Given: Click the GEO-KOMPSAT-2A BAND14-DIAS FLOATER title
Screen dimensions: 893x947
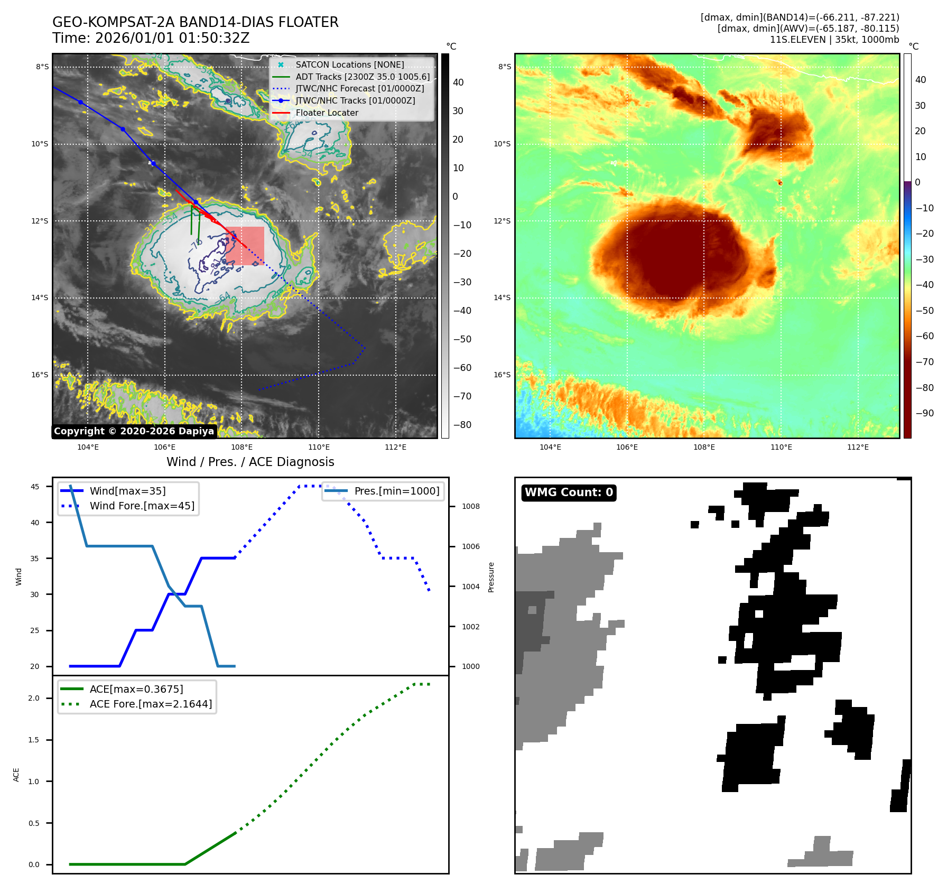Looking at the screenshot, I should [195, 22].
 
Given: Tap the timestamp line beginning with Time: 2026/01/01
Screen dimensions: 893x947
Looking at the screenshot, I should [151, 38].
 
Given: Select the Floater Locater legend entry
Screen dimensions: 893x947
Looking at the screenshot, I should [327, 113].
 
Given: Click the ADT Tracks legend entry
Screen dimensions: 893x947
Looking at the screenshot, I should [363, 77].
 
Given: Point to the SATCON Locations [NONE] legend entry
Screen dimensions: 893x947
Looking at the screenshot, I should [349, 64].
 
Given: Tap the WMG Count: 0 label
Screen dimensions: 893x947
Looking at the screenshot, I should [569, 492].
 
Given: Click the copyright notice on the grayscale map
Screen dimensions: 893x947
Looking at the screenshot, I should [134, 431].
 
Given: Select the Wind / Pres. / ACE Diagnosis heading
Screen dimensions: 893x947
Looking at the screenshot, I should [250, 462].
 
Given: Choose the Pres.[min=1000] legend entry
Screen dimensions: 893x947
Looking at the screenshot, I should [396, 491].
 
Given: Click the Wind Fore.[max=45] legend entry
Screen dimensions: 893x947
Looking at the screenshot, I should [142, 506].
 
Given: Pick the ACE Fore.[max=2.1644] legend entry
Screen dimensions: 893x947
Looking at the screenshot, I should [151, 704].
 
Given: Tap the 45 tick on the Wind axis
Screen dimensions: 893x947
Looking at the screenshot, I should [35, 487].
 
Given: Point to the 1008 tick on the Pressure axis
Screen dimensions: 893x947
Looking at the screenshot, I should [470, 506].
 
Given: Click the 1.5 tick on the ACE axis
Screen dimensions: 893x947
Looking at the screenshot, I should [34, 740].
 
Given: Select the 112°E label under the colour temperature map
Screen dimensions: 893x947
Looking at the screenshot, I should [858, 447].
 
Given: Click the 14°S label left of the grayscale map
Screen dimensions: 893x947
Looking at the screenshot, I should [40, 298].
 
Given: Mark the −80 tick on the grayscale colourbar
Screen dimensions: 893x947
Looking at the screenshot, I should [462, 425].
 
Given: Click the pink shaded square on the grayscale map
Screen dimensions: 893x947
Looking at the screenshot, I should [245, 246].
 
